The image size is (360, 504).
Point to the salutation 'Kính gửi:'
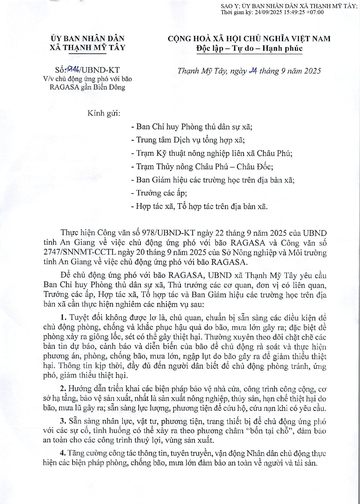[104, 113]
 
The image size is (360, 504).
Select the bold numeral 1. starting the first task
[64, 318]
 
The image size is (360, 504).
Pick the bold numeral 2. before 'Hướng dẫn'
[64, 389]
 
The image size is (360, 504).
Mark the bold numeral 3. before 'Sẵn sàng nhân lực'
[64, 421]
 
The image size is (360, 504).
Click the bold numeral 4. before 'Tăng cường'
[64, 453]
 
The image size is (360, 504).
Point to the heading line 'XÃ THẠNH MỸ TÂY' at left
[88, 48]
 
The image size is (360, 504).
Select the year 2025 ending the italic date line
[311, 71]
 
